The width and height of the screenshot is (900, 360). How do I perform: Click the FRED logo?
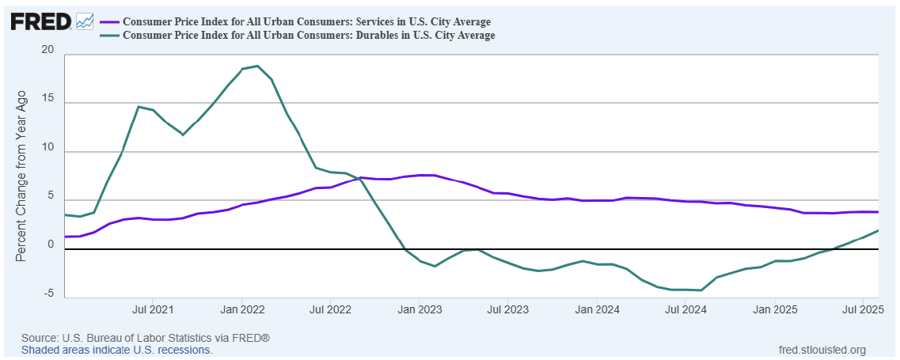point(41,21)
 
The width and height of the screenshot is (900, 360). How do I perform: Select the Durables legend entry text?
point(309,35)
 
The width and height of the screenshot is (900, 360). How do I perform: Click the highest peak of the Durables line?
point(257,66)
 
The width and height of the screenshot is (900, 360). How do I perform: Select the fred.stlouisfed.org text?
point(823,349)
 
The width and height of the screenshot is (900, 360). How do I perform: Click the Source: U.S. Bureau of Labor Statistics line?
point(146,338)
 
